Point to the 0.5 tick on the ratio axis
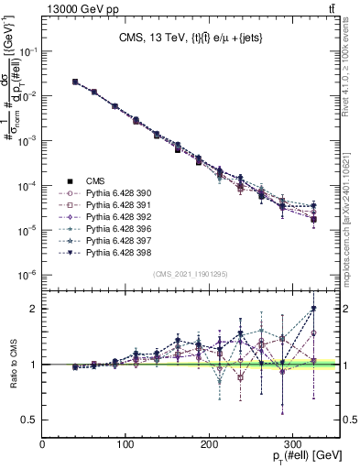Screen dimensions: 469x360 tap(32, 420)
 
